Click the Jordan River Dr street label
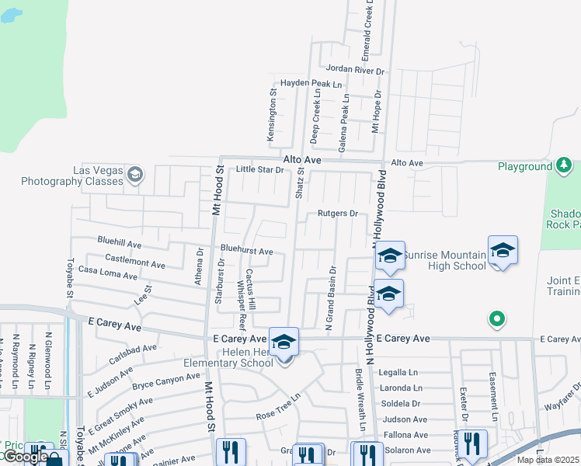point(355,70)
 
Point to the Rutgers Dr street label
point(337,214)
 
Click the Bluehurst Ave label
point(246,251)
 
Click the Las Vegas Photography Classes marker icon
point(136,173)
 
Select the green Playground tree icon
point(562,165)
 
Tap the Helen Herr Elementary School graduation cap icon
point(284,341)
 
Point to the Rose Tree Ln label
point(278,416)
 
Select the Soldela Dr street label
point(400,403)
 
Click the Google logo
point(25,457)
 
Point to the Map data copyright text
point(548,460)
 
